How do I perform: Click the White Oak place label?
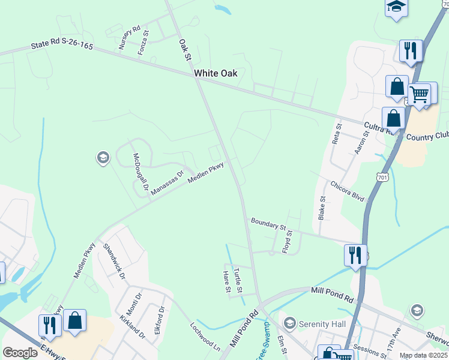[215, 73]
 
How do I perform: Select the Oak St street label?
[184, 50]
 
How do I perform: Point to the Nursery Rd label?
[129, 37]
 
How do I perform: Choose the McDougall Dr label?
[140, 172]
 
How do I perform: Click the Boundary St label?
[268, 224]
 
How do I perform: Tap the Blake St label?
[322, 208]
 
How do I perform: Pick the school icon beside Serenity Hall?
[290, 323]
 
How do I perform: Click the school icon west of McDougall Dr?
[102, 158]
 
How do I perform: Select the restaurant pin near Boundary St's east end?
[355, 254]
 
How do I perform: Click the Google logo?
[20, 353]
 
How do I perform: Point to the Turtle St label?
[238, 280]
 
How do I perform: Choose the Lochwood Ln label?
[205, 337]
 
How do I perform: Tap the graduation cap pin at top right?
[396, 7]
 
